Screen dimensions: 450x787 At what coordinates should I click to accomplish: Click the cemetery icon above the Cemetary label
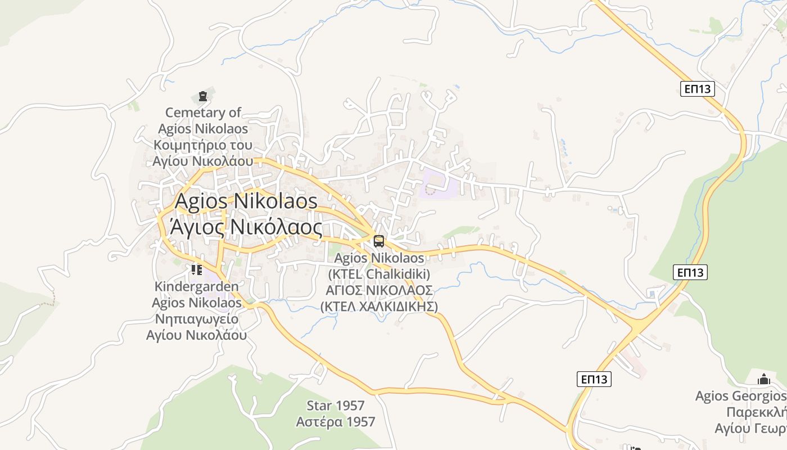click(203, 97)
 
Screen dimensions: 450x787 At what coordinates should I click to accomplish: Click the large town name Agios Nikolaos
click(246, 201)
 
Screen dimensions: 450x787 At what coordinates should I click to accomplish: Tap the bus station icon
click(379, 241)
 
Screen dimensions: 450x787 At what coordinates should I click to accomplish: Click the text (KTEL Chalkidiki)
click(379, 274)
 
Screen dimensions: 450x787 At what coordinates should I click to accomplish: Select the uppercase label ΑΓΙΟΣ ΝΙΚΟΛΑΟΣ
click(379, 290)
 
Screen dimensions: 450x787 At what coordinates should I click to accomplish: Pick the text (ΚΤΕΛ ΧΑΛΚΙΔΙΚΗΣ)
click(379, 307)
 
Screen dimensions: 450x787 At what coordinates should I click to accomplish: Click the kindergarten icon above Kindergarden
click(196, 271)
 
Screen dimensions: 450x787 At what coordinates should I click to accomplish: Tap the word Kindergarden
click(196, 287)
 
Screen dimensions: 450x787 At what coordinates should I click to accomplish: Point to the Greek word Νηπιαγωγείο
click(196, 319)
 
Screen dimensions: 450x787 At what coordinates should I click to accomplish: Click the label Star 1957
click(336, 406)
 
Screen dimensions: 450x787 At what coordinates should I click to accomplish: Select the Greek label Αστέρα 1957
click(336, 421)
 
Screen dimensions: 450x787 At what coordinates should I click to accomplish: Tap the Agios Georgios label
click(740, 396)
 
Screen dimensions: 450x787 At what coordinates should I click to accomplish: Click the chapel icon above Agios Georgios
click(763, 380)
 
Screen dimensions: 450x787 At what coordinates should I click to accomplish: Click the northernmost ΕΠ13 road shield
click(697, 89)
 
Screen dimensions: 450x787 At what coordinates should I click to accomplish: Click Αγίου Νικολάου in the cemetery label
click(203, 161)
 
